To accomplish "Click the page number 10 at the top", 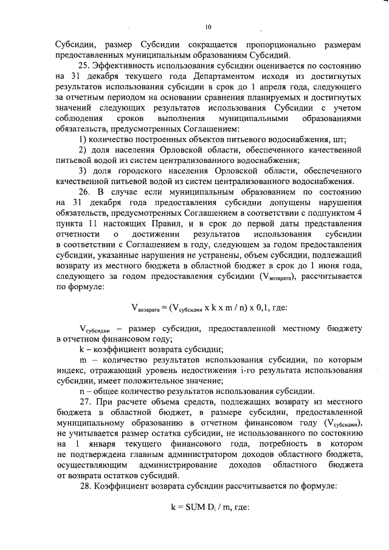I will pos(208,27).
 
